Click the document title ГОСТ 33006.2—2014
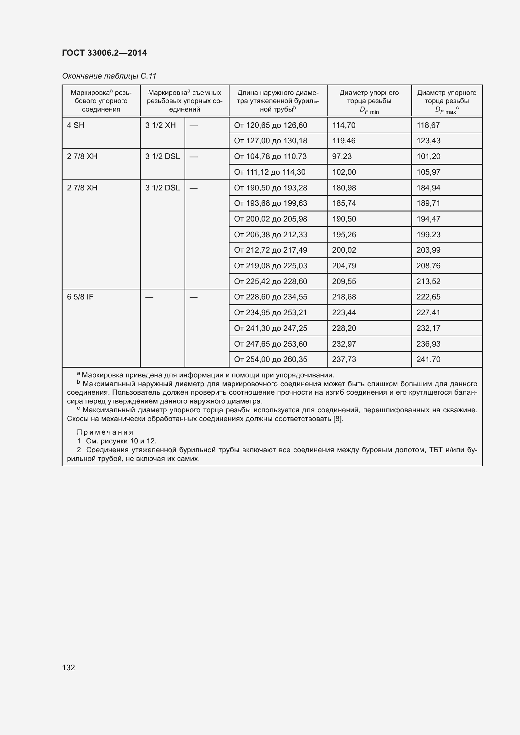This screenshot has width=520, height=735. pyautogui.click(x=104, y=53)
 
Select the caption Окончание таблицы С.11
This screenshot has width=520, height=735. pyautogui.click(x=109, y=76)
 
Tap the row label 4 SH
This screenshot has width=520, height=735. pyautogui.click(x=75, y=125)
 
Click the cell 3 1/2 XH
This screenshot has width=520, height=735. pyautogui.click(x=160, y=125)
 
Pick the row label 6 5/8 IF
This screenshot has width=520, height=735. pyautogui.click(x=80, y=297)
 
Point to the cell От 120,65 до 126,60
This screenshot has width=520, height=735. pyautogui.click(x=271, y=125)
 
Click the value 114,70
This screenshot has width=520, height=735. pyautogui.click(x=344, y=125)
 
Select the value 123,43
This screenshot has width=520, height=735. pyautogui.click(x=428, y=140)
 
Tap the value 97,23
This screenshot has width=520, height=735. pyautogui.click(x=342, y=156)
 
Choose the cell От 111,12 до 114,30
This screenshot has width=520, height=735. pyautogui.click(x=270, y=172)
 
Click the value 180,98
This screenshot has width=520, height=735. pyautogui.click(x=344, y=188)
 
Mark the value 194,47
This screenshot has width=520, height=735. pyautogui.click(x=428, y=219)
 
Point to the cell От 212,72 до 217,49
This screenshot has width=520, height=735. pyautogui.click(x=271, y=250)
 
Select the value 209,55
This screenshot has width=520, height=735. pyautogui.click(x=344, y=281)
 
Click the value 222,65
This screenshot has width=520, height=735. pyautogui.click(x=428, y=297)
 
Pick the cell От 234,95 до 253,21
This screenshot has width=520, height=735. pyautogui.click(x=271, y=312)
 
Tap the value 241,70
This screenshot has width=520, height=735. pyautogui.click(x=428, y=359)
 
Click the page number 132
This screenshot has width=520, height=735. pyautogui.click(x=68, y=665)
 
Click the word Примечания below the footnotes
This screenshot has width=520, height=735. pyautogui.click(x=105, y=432)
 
